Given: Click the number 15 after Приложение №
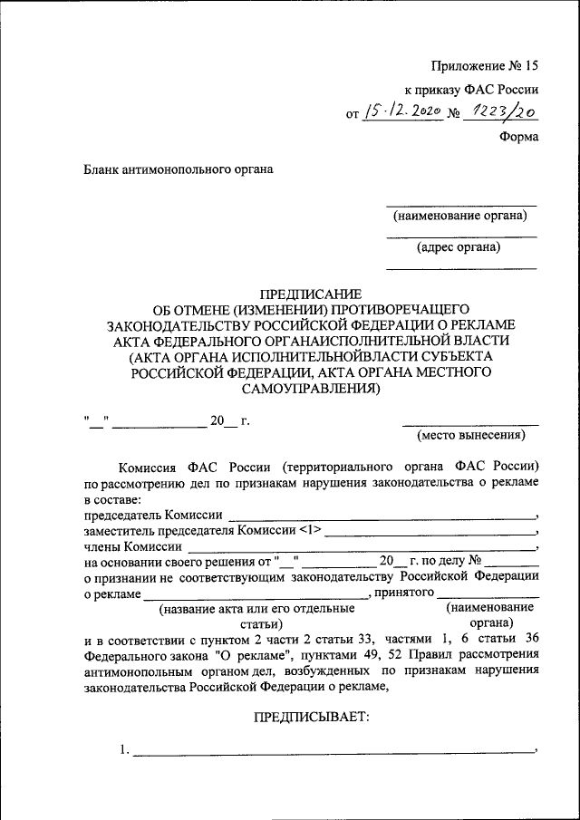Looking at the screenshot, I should [529, 65].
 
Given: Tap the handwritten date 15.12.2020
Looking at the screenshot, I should [401, 112].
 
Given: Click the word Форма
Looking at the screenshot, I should [519, 137].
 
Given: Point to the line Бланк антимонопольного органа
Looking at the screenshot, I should [179, 169].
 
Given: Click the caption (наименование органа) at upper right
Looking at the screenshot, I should [459, 216].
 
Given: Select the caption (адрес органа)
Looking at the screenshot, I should [459, 246].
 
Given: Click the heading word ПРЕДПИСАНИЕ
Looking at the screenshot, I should [310, 294].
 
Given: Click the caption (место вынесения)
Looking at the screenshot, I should [470, 435].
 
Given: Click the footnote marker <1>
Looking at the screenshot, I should [310, 530].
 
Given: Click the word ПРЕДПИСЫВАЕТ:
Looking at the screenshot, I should [310, 717].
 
